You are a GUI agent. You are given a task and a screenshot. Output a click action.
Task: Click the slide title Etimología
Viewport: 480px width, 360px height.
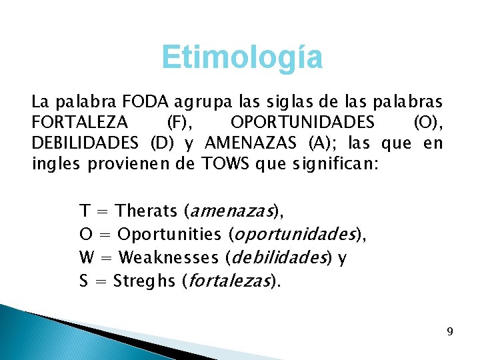click(242, 58)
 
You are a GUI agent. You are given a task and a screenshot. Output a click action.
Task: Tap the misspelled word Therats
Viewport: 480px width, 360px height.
click(146, 211)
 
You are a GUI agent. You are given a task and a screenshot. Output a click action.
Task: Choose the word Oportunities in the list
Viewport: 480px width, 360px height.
click(169, 235)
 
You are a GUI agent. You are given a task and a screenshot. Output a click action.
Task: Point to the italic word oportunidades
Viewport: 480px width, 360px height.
click(293, 235)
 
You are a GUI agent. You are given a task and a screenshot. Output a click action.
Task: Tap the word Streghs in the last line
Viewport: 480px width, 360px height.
click(143, 280)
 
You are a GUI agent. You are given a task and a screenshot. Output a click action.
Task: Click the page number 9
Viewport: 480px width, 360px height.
click(450, 331)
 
